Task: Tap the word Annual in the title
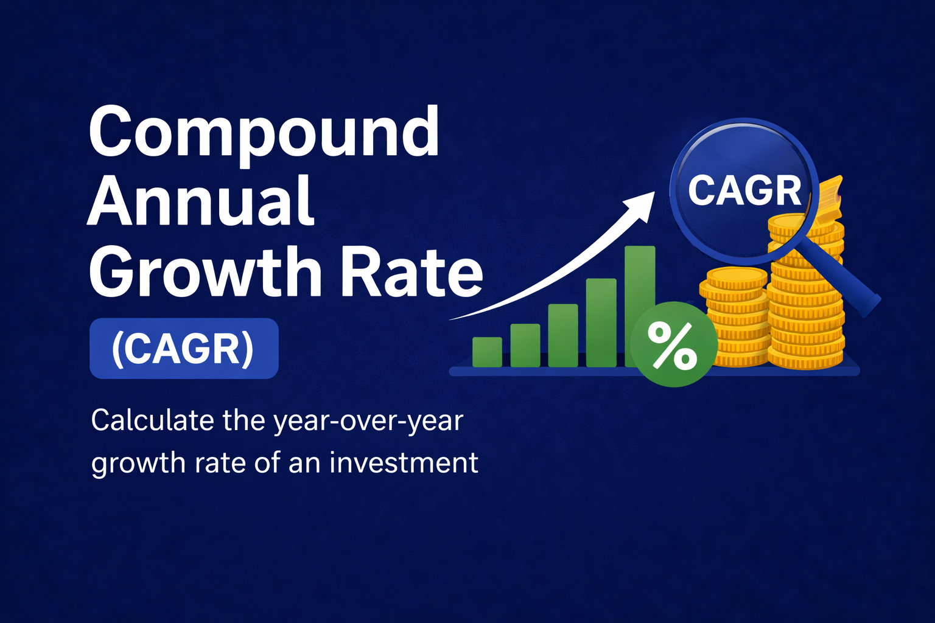(201, 202)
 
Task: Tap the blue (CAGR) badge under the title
(183, 349)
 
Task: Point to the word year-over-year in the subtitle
(368, 422)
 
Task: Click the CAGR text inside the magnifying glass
(744, 190)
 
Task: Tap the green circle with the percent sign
(673, 345)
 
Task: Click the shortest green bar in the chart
(487, 352)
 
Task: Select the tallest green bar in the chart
(639, 280)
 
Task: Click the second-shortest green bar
(525, 345)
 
